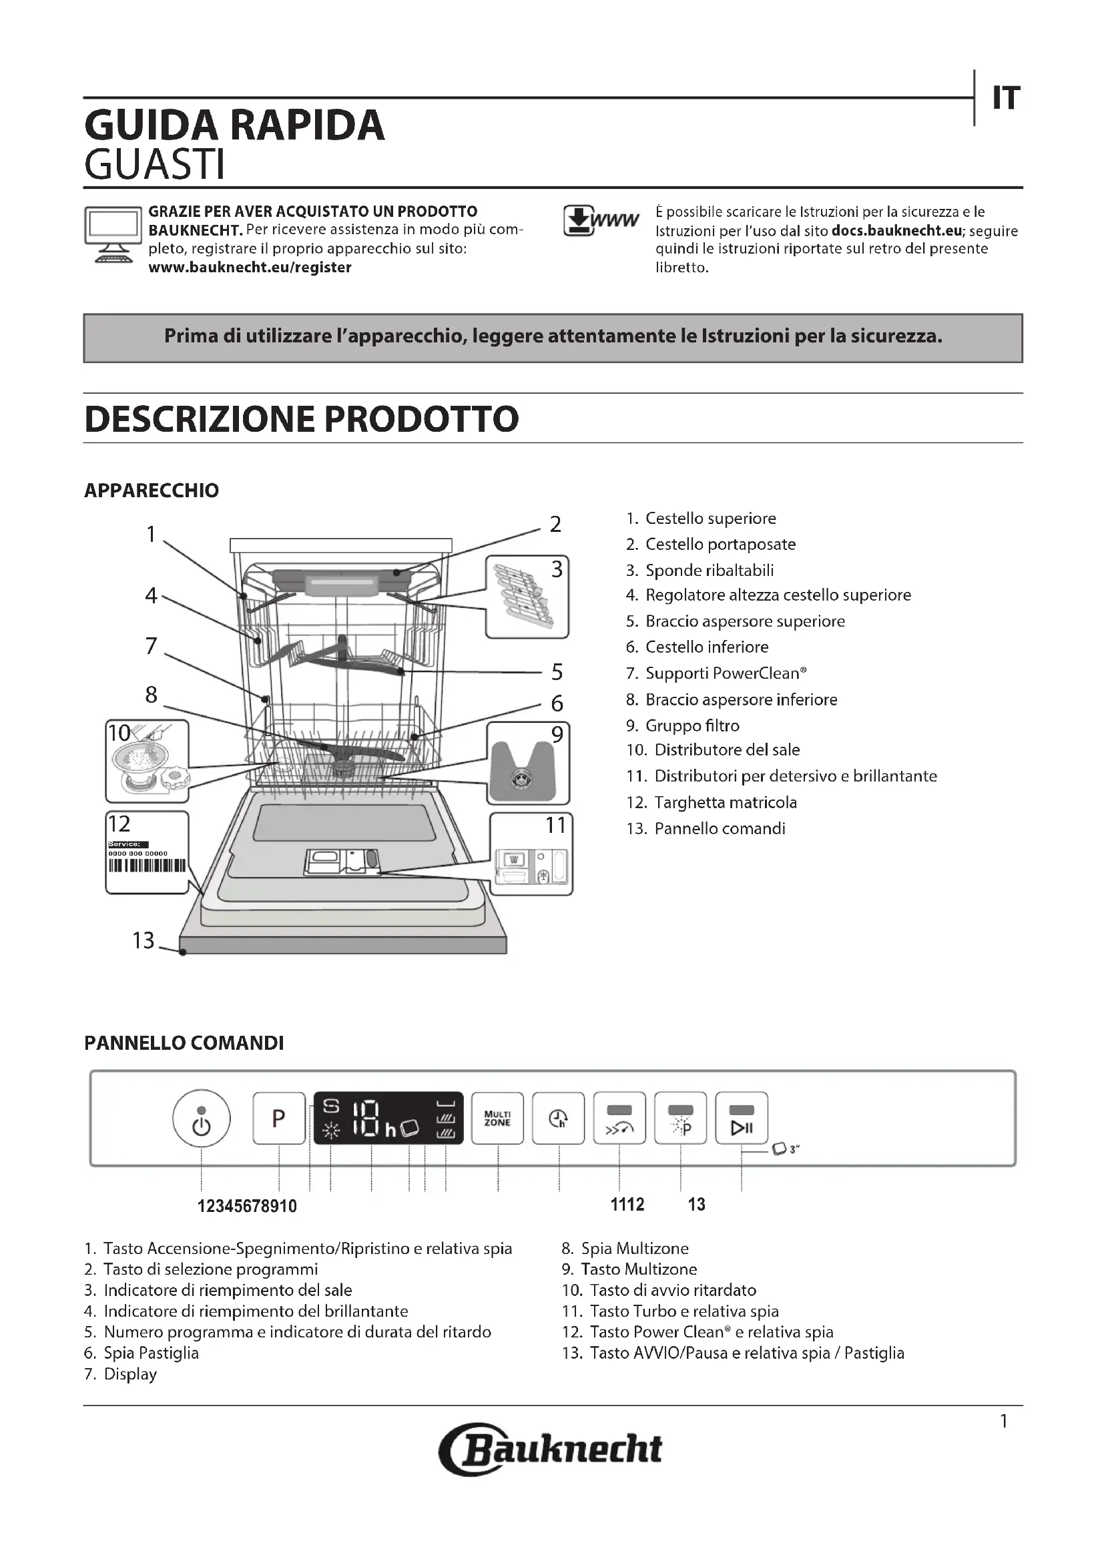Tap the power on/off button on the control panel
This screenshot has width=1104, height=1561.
201,1119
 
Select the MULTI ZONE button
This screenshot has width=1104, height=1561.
497,1119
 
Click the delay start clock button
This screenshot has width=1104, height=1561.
558,1119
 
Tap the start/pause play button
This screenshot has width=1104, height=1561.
741,1119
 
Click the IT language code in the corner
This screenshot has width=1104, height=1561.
1005,99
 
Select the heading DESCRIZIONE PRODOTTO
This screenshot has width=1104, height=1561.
301,419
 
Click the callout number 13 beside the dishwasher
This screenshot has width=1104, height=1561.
144,940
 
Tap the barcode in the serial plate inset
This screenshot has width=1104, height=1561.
147,866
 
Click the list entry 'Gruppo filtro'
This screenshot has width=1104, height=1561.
692,725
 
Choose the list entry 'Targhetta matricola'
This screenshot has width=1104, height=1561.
725,802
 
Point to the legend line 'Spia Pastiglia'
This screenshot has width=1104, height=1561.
151,1353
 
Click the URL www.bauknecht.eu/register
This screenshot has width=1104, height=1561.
250,267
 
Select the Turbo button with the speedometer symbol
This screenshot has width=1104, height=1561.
619,1119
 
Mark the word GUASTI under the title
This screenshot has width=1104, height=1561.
154,165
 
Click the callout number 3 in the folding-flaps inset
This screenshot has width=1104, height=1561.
557,569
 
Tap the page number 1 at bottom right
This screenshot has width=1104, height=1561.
1003,1421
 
